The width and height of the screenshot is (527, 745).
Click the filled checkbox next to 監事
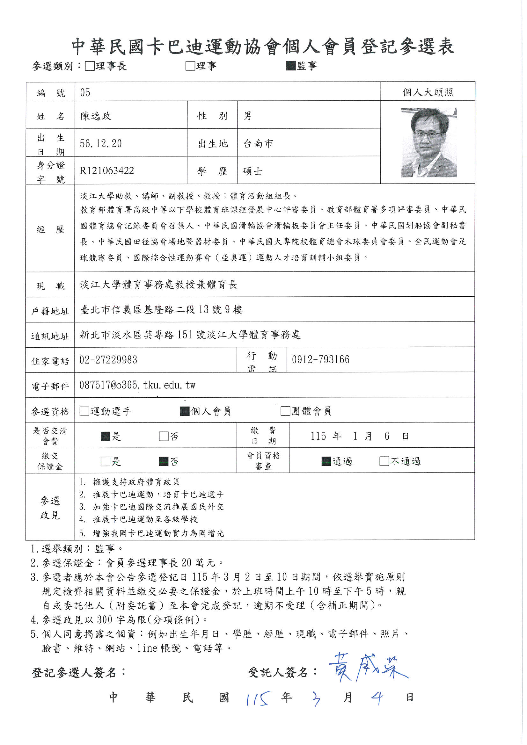(x=291, y=66)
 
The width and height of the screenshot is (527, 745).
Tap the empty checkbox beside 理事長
(x=90, y=66)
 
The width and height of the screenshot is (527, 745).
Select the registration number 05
(x=85, y=92)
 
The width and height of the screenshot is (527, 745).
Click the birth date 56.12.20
(x=101, y=143)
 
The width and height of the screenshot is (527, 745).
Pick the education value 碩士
(x=253, y=171)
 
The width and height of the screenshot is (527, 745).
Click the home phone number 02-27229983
(x=108, y=360)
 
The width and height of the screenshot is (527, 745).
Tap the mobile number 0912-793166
(x=320, y=359)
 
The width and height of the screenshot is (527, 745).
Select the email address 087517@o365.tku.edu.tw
(x=137, y=385)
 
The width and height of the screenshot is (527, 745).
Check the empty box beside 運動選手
(x=84, y=411)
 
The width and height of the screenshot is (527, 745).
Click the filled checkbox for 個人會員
(x=185, y=411)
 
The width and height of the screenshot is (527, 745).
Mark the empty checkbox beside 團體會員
(x=285, y=411)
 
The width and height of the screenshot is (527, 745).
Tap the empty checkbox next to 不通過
(x=384, y=461)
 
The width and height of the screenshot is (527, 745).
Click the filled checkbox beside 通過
(x=326, y=461)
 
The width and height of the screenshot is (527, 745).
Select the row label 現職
(x=50, y=286)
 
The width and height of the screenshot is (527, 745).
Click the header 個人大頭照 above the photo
(x=428, y=92)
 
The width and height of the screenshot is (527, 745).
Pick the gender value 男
(x=247, y=116)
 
